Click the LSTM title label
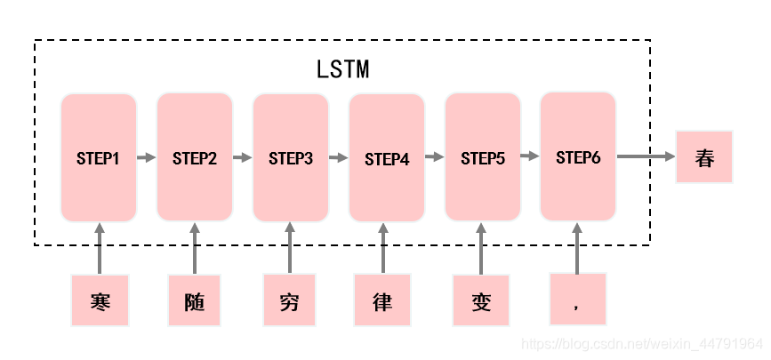click(342, 69)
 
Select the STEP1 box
click(99, 158)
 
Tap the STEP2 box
click(195, 158)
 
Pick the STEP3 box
click(291, 158)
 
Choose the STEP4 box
click(387, 159)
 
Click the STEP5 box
click(483, 158)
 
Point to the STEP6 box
click(578, 157)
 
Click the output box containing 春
click(704, 157)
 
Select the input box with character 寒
click(100, 300)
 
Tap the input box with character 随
click(196, 300)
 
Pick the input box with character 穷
click(290, 300)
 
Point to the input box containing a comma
click(578, 300)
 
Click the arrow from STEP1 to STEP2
click(147, 158)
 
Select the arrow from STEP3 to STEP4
click(339, 158)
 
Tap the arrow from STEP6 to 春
click(646, 156)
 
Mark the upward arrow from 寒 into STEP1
click(100, 249)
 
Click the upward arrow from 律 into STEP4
click(383, 249)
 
